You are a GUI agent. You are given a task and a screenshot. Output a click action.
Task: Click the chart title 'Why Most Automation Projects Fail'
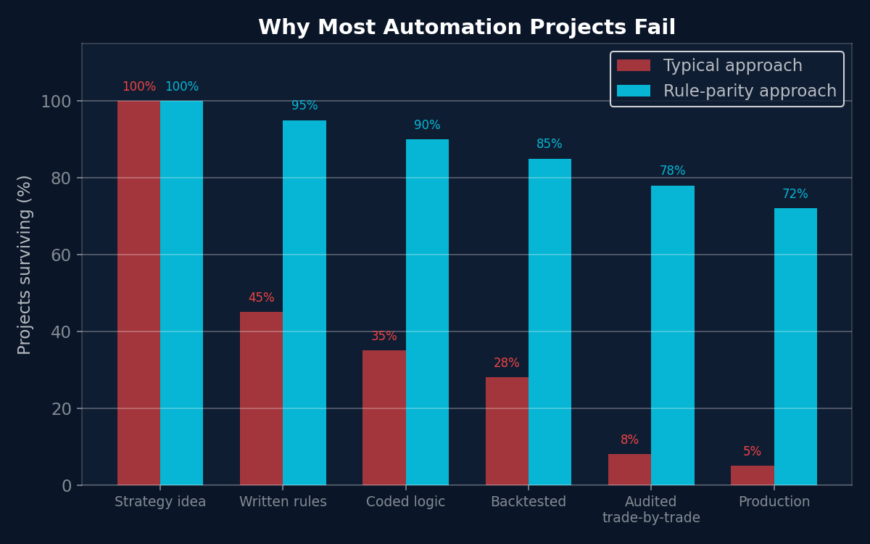467,28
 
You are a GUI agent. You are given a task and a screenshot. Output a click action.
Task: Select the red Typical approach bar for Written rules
261,398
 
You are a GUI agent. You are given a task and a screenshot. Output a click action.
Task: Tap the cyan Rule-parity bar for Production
795,347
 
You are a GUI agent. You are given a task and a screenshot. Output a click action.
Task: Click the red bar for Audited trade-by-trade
629,469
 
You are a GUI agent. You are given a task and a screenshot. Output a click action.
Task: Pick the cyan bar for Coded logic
427,312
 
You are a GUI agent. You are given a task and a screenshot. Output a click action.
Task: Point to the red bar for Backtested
507,431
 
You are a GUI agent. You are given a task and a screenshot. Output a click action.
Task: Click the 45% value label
261,298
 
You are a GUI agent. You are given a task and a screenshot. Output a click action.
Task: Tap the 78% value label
672,171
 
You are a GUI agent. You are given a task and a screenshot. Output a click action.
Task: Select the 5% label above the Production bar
752,452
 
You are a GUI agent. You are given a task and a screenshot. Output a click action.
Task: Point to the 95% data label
304,106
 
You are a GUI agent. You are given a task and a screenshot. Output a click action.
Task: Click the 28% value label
506,363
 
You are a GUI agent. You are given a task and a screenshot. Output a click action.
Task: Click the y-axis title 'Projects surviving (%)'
25,265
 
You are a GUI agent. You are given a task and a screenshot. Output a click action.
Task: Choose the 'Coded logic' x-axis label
405,502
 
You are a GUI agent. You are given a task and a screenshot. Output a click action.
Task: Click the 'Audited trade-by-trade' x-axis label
651,510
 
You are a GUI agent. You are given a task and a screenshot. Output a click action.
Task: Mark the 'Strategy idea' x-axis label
160,502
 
